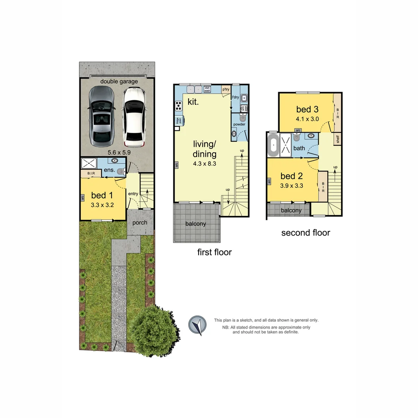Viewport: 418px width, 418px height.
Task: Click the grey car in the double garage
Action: pos(101,116)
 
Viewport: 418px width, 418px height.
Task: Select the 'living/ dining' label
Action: pos(204,149)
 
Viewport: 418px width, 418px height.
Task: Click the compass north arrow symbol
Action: pos(197,325)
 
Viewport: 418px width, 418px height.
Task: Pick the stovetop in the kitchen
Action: pos(179,105)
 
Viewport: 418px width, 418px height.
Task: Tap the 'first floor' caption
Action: pos(214,252)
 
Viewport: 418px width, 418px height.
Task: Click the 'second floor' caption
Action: pos(305,233)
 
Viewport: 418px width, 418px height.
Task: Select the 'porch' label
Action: pos(140,223)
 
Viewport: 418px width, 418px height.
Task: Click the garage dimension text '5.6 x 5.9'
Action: pos(119,152)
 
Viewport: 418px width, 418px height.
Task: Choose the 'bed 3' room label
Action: pos(307,109)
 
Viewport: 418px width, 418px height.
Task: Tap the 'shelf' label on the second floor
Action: pos(337,139)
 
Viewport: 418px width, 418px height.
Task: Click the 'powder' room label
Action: pos(239,124)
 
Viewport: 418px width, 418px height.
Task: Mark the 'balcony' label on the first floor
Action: pos(195,224)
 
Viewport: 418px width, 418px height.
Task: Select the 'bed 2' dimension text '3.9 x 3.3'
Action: pos(291,185)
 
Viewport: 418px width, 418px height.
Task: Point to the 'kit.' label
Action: pos(193,102)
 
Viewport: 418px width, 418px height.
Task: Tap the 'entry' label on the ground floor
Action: pos(133,194)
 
